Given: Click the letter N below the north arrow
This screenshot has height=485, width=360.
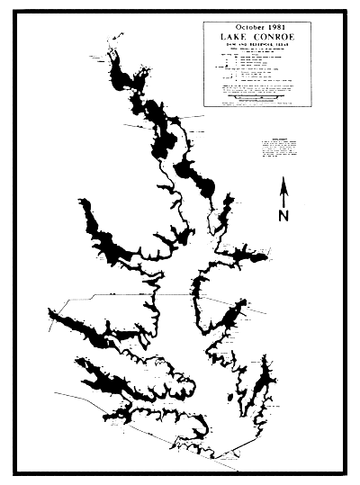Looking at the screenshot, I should [284, 216].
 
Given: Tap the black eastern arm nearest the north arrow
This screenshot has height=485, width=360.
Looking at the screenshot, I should [243, 256].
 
